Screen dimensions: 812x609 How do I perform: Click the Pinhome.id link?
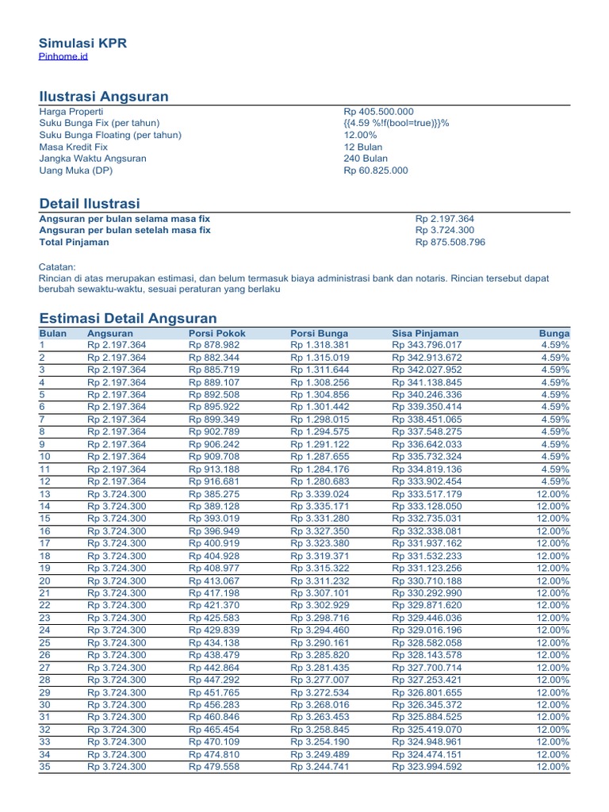coord(63,57)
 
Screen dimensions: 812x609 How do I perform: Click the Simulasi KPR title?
coord(83,43)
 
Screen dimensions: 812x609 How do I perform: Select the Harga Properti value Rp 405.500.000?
coord(378,112)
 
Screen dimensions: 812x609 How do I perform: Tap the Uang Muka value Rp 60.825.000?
coord(375,170)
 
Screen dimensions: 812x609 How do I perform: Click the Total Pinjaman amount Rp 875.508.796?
coord(450,242)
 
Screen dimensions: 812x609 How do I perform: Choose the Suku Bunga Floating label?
coord(110,136)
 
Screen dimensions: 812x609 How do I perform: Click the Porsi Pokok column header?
coord(217,334)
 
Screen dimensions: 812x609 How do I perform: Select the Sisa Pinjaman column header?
coord(425,334)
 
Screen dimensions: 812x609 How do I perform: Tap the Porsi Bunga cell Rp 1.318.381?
coord(319,346)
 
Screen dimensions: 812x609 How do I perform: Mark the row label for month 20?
coord(45,580)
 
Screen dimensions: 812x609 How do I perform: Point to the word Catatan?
coord(57,267)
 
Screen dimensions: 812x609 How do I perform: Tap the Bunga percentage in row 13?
coord(553,494)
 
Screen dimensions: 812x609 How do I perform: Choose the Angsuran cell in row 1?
coord(117,346)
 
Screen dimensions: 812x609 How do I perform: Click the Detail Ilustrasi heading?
coord(89,204)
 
